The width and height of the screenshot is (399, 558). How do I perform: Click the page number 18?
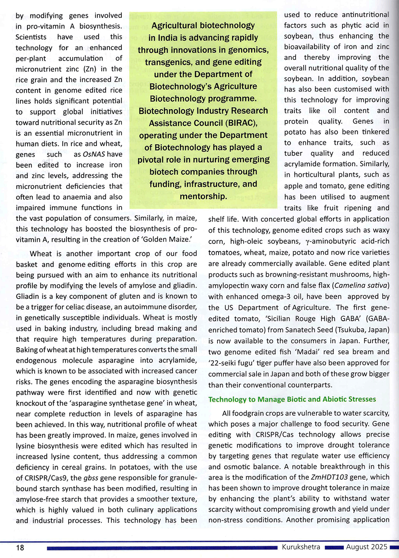click(x=20, y=547)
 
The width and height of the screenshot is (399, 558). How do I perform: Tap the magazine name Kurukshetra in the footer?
click(x=301, y=547)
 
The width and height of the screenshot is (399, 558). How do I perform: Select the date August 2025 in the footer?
click(x=366, y=547)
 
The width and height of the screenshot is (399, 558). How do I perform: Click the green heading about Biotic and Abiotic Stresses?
click(x=292, y=399)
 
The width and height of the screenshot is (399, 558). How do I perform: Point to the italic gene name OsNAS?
click(x=94, y=154)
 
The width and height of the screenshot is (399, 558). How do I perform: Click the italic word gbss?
click(x=91, y=477)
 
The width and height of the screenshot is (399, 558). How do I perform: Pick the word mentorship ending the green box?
click(x=203, y=196)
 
